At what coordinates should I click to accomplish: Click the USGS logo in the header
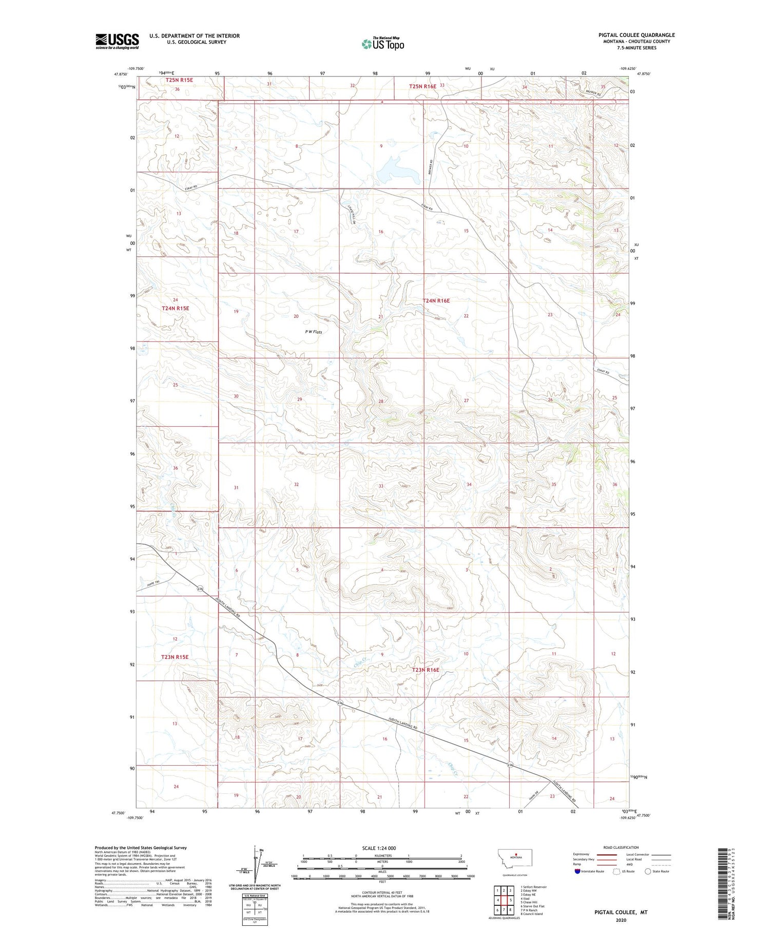(x=117, y=41)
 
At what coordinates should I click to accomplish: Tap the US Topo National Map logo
(x=382, y=44)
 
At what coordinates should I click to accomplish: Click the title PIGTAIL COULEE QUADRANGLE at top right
(x=637, y=35)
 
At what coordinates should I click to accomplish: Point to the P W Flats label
(x=314, y=332)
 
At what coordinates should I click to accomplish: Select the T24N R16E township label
(x=436, y=300)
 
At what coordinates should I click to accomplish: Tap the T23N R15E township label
(x=175, y=657)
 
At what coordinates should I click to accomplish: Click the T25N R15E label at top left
(x=179, y=80)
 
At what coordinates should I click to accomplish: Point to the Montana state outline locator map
(x=515, y=857)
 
